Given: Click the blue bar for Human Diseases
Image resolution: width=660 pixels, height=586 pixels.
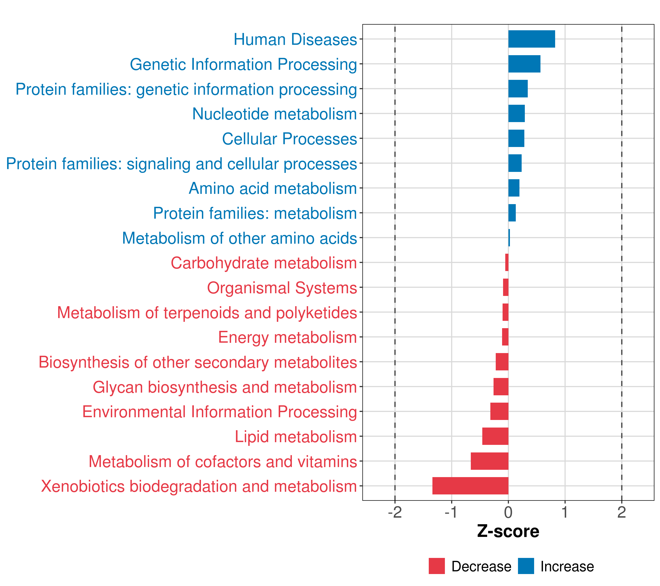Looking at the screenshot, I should tap(531, 39).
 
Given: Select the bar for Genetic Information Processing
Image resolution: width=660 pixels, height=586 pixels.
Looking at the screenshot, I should tap(524, 64).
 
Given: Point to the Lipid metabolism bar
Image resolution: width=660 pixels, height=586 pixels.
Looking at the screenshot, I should tap(495, 436).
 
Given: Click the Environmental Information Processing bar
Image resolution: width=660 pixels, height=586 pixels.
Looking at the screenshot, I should tap(499, 411).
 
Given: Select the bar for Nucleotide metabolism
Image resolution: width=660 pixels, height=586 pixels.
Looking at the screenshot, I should tap(516, 114).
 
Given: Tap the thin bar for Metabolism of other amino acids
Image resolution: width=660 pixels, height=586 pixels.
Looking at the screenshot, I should tap(509, 238).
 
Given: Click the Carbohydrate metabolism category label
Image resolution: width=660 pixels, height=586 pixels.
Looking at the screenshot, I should tap(264, 263).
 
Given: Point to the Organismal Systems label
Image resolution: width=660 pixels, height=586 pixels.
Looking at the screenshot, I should tap(282, 288).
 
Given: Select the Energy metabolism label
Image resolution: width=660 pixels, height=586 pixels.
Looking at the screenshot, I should tap(287, 337).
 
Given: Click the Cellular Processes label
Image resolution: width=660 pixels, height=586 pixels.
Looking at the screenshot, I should tap(289, 139).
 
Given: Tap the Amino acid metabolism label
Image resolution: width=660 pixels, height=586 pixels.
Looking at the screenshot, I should tap(273, 188).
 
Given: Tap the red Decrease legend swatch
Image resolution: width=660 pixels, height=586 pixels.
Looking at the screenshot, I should tap(437, 566).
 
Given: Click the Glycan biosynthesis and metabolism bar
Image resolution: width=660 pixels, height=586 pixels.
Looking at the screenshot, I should tap(501, 386).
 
